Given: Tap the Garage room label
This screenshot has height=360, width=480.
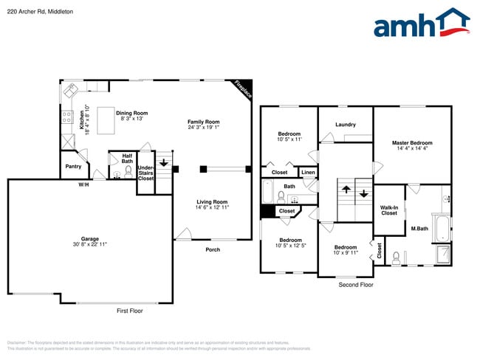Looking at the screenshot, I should point(90,240).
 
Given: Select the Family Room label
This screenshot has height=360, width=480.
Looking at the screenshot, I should point(203,124).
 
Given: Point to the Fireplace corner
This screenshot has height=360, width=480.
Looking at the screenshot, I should point(244,89).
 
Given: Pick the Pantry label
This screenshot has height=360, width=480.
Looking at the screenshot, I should point(73,166).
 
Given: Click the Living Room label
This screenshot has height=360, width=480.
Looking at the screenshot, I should point(212,204).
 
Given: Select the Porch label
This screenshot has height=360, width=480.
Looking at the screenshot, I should point(213,249).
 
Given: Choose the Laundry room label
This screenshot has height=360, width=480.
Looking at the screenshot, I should point(346,125).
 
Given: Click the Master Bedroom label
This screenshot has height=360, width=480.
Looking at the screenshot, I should point(412,145).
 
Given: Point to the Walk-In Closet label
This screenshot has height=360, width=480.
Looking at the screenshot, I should point(388,210).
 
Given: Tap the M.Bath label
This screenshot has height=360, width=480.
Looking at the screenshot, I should point(419,229).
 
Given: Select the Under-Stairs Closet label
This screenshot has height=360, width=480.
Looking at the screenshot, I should point(145,173).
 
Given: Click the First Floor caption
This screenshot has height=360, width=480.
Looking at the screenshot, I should point(130,311).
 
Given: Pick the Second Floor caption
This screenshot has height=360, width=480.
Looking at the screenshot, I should point(356,284).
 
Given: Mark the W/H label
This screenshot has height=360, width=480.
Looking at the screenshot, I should point(83,184).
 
